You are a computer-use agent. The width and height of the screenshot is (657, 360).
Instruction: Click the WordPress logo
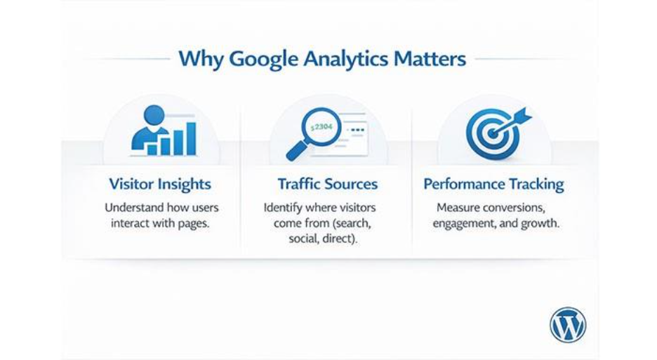click(x=567, y=326)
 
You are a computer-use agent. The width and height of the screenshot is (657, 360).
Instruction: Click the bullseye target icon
click(x=492, y=133)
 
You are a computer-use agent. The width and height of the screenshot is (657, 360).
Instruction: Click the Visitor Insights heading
click(x=160, y=185)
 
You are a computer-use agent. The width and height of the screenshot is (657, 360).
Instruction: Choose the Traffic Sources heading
click(x=327, y=185)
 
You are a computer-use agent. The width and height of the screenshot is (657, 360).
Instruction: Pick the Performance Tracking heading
click(x=493, y=185)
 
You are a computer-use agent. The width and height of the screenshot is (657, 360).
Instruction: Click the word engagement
click(x=465, y=225)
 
